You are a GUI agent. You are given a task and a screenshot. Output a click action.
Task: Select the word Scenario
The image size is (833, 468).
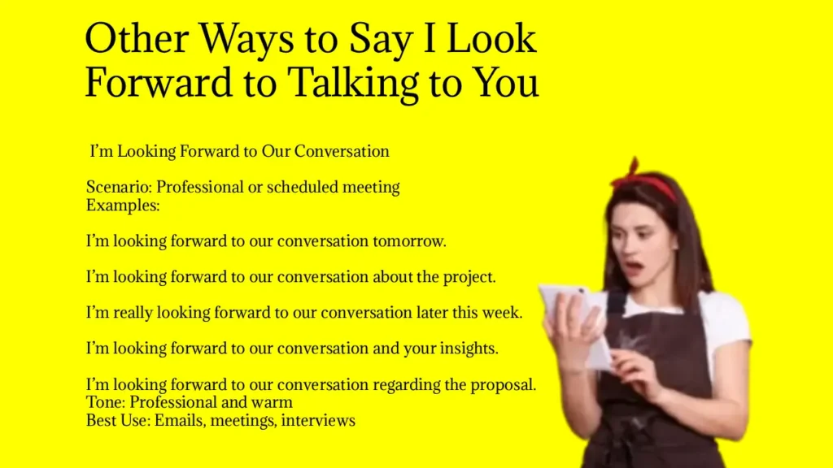click(118, 188)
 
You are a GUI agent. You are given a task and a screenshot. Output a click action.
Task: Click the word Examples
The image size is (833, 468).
click(123, 205)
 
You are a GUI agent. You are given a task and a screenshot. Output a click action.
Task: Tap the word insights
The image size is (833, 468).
click(468, 349)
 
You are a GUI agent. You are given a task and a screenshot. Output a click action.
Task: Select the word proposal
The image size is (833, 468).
click(504, 384)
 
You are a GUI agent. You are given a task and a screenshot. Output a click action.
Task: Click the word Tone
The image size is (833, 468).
click(105, 402)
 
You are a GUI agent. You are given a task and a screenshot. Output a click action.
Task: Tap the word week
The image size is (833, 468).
click(502, 313)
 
